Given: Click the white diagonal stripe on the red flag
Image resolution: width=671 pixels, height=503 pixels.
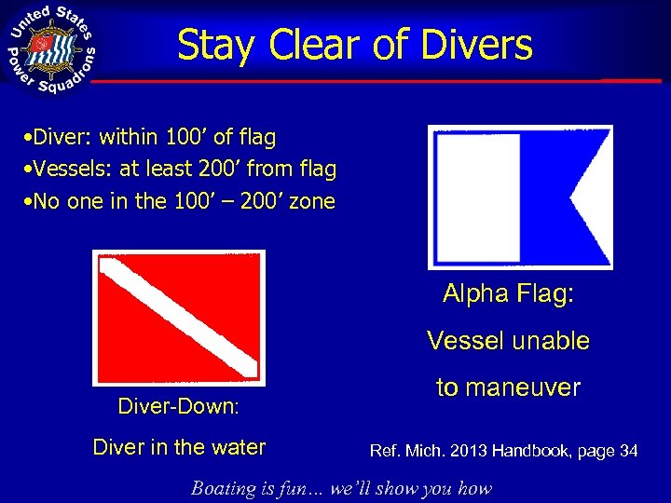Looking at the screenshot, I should pyautogui.click(x=179, y=317).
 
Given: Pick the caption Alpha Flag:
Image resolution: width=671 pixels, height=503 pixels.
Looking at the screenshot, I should pyautogui.click(x=509, y=294).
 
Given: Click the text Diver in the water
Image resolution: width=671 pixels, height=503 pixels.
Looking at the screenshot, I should pyautogui.click(x=179, y=447).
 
